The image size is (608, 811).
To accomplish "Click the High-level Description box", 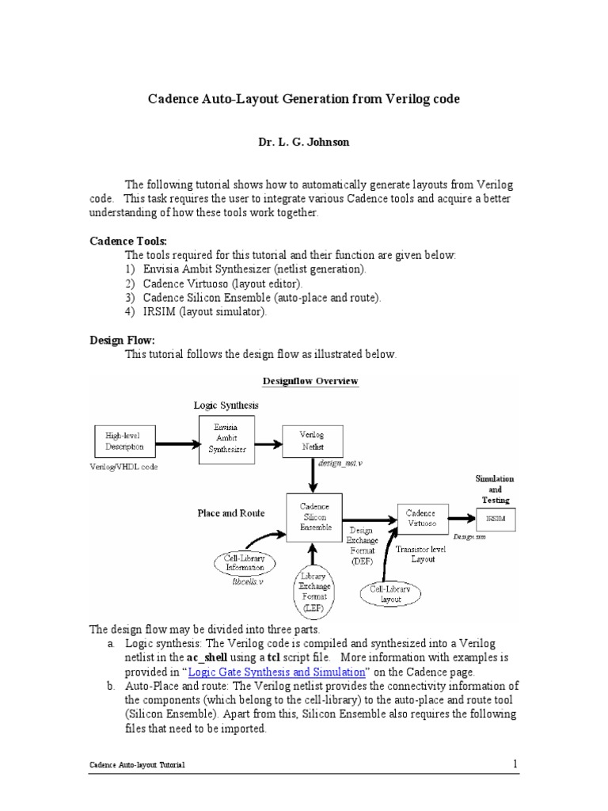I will (x=119, y=441).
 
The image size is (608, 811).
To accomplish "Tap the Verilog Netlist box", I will (x=310, y=441).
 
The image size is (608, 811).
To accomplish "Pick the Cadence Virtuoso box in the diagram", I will (x=420, y=519).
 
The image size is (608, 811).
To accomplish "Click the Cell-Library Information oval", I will (x=245, y=564).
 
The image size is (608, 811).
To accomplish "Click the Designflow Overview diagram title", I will (x=315, y=381).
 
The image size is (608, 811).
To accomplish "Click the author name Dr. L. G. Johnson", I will (x=304, y=143).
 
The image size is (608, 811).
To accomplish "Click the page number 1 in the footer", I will (x=515, y=763).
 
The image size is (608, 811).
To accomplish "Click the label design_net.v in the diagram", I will (x=340, y=462).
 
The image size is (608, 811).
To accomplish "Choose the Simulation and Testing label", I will (x=494, y=489).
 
